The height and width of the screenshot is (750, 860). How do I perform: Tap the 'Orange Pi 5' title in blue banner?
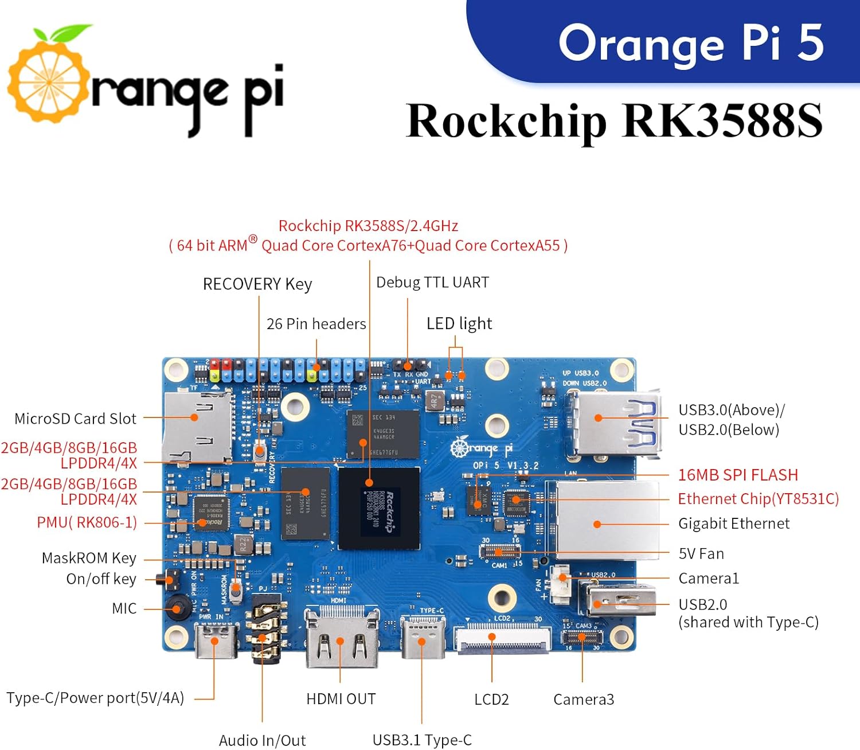point(690,43)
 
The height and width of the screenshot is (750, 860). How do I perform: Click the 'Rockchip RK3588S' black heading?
point(613,121)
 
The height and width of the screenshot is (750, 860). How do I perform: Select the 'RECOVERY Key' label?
point(257,284)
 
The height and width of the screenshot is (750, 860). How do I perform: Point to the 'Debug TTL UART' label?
point(432,282)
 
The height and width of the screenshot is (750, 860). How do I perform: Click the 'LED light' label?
point(459,323)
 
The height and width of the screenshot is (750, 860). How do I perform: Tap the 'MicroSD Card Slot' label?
point(75,419)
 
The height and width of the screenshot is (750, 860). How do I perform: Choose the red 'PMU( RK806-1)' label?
point(87,522)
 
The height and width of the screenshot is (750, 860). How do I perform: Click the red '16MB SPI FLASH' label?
point(737,475)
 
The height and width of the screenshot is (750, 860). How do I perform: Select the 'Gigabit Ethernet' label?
point(733,524)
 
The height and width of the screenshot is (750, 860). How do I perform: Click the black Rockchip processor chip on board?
point(379,508)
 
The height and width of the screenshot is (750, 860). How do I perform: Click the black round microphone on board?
point(178,608)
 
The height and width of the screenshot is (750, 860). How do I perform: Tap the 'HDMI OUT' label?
point(341,699)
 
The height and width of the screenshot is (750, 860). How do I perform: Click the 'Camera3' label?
point(583,700)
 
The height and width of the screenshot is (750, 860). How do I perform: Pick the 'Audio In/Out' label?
point(262,740)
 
